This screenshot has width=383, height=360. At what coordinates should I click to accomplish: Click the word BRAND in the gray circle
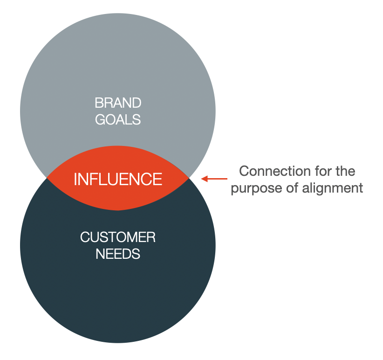pyautogui.click(x=118, y=103)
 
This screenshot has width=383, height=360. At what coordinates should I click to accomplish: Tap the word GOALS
pyautogui.click(x=118, y=119)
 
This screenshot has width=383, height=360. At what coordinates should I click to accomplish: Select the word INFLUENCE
pyautogui.click(x=118, y=179)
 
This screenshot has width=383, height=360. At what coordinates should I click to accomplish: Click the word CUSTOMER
pyautogui.click(x=118, y=237)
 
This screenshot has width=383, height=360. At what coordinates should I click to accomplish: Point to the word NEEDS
pyautogui.click(x=118, y=254)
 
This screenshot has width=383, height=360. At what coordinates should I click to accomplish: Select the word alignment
pyautogui.click(x=332, y=188)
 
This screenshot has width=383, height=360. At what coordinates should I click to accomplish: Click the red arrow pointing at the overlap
pyautogui.click(x=214, y=179)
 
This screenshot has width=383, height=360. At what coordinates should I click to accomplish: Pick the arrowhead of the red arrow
pyautogui.click(x=204, y=179)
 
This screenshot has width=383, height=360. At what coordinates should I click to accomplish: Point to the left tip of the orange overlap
pyautogui.click(x=47, y=178)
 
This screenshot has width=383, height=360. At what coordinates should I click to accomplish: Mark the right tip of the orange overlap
pyautogui.click(x=189, y=178)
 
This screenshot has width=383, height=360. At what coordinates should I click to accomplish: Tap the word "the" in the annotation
pyautogui.click(x=345, y=171)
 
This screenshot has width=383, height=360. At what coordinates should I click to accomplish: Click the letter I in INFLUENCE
pyautogui.click(x=75, y=179)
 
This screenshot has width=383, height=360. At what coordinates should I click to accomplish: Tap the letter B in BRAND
pyautogui.click(x=99, y=103)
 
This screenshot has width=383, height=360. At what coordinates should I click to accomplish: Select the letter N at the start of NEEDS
pyautogui.click(x=100, y=254)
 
